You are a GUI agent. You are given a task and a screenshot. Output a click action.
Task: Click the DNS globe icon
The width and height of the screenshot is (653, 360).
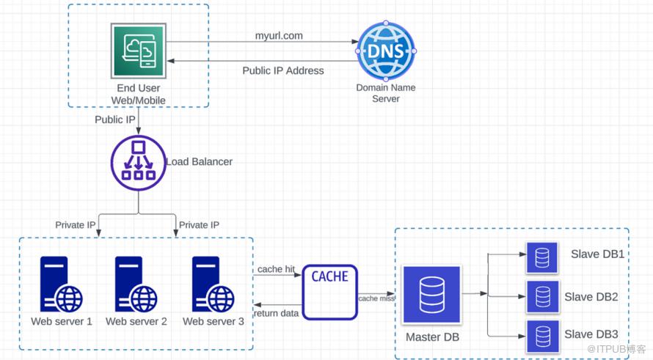386,51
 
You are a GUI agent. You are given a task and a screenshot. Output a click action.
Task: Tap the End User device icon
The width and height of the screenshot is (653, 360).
139,51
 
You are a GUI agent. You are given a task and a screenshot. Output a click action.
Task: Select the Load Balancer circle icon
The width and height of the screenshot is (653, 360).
138,163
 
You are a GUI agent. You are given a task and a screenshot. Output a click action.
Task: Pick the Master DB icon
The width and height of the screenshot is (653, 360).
431,295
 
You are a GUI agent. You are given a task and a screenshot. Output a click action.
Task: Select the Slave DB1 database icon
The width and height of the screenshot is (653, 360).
542,258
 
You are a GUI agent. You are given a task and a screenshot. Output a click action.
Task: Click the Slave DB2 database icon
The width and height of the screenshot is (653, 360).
542,297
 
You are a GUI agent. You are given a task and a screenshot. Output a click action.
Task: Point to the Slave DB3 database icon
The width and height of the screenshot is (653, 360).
542,337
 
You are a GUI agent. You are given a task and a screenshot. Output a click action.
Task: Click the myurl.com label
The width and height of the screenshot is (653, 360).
279,35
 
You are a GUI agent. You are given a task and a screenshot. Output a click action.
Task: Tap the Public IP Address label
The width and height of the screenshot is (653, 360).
283,71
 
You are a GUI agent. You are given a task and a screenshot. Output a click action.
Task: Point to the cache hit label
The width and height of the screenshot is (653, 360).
276,269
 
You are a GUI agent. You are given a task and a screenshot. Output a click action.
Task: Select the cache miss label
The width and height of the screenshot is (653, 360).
376,298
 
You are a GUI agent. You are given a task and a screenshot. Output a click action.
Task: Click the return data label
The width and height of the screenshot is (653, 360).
276,314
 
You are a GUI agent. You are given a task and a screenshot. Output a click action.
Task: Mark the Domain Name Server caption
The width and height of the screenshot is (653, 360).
386,93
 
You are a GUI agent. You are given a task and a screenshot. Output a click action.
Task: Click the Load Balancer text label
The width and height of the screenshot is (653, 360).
199,162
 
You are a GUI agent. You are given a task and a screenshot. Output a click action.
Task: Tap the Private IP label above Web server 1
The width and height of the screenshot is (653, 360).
76,225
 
